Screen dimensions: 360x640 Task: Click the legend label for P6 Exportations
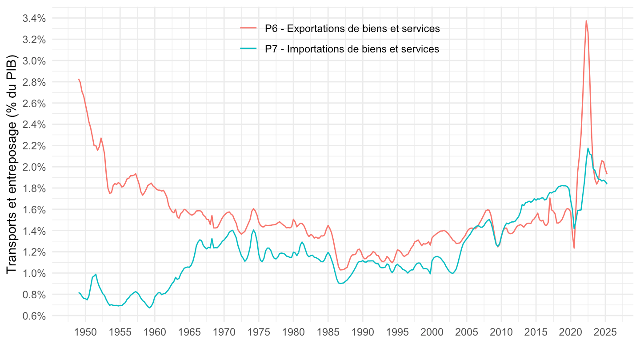click(x=352, y=29)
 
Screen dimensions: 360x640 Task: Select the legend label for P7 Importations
click(x=352, y=49)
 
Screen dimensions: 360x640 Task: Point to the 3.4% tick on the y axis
click(x=34, y=18)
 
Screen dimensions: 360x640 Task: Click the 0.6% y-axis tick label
click(x=34, y=316)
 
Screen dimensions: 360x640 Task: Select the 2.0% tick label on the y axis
click(x=34, y=167)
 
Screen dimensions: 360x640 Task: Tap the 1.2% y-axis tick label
click(x=34, y=252)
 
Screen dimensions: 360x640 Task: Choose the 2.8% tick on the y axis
click(x=34, y=82)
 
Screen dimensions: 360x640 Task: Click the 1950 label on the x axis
click(x=85, y=332)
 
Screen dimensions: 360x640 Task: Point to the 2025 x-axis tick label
click(x=605, y=332)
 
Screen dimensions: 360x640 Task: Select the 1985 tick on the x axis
click(x=328, y=332)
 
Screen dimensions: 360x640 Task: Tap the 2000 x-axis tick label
click(x=432, y=332)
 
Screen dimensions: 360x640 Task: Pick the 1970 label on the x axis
click(x=224, y=332)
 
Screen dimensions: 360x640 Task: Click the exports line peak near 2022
click(x=586, y=20)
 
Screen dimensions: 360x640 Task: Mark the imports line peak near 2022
click(x=588, y=148)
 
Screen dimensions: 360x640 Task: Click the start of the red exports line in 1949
click(x=79, y=79)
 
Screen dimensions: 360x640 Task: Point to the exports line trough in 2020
click(x=574, y=248)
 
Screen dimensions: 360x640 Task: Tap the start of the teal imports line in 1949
click(x=79, y=292)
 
